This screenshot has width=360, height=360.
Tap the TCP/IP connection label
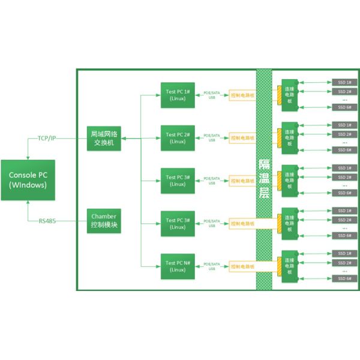coord(47,138)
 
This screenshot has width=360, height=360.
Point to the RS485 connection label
coord(47,221)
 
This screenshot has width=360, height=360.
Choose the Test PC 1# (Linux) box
coord(178,95)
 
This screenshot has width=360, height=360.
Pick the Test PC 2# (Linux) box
coord(178,138)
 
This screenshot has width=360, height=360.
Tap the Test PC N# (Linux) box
coord(178,266)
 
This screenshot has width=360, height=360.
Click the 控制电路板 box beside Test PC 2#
coord(243,138)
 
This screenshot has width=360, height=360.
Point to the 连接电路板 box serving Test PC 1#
coord(290,94)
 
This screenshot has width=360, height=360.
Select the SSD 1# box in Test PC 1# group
coord(345,82)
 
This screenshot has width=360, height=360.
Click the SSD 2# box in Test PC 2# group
coord(345,134)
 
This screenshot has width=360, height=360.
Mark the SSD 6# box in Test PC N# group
coord(345,278)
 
